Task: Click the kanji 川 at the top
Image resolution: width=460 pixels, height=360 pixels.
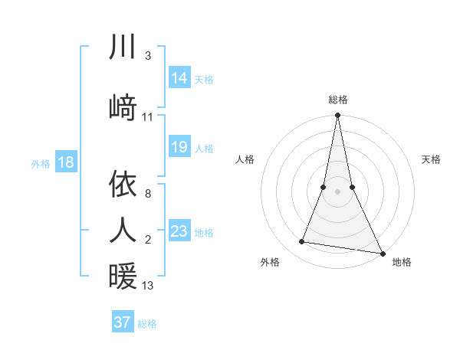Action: (123, 47)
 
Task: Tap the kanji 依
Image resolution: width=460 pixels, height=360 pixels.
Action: (123, 183)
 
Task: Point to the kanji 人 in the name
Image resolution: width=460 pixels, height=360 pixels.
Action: (123, 229)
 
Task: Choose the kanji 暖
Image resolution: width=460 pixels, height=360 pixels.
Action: (123, 275)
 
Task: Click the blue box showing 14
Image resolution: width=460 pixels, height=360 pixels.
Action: (179, 78)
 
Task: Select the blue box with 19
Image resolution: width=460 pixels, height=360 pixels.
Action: (179, 147)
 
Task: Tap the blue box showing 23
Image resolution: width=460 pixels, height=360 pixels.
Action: (179, 231)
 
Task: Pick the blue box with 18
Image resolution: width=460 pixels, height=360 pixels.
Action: (66, 162)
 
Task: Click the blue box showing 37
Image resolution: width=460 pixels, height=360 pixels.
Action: (123, 322)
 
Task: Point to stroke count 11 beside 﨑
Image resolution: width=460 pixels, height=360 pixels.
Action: (148, 117)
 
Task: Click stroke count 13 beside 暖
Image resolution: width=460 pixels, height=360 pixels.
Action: (148, 286)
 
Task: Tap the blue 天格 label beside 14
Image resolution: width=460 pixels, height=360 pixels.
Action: (204, 79)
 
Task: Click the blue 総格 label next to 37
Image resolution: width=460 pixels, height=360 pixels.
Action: (147, 324)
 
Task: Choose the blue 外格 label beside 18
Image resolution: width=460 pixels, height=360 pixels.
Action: (41, 163)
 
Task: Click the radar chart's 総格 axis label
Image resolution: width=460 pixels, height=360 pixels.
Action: (338, 100)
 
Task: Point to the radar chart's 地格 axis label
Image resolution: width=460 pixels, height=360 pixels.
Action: (402, 262)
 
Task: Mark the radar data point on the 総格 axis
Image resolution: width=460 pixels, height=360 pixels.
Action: (337, 116)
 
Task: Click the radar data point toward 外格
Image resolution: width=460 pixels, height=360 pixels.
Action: (302, 242)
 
